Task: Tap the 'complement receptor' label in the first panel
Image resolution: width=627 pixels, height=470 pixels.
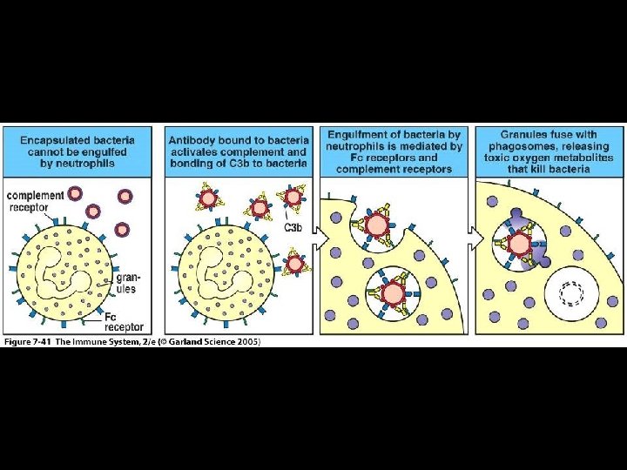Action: (x=36, y=201)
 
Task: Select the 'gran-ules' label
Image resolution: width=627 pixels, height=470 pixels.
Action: (x=126, y=284)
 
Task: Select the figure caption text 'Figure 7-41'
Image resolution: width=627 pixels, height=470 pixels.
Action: (x=29, y=341)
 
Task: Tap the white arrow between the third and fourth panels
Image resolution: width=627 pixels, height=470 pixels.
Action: (x=475, y=234)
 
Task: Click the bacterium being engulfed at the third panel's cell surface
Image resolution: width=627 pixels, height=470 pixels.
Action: (x=377, y=225)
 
